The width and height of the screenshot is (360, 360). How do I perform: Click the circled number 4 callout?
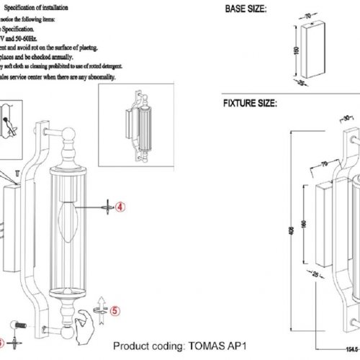pyautogui.click(x=121, y=205)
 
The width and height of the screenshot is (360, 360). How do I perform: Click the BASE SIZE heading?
pyautogui.click(x=246, y=10)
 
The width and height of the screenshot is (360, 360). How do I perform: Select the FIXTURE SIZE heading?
pyautogui.click(x=250, y=104)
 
